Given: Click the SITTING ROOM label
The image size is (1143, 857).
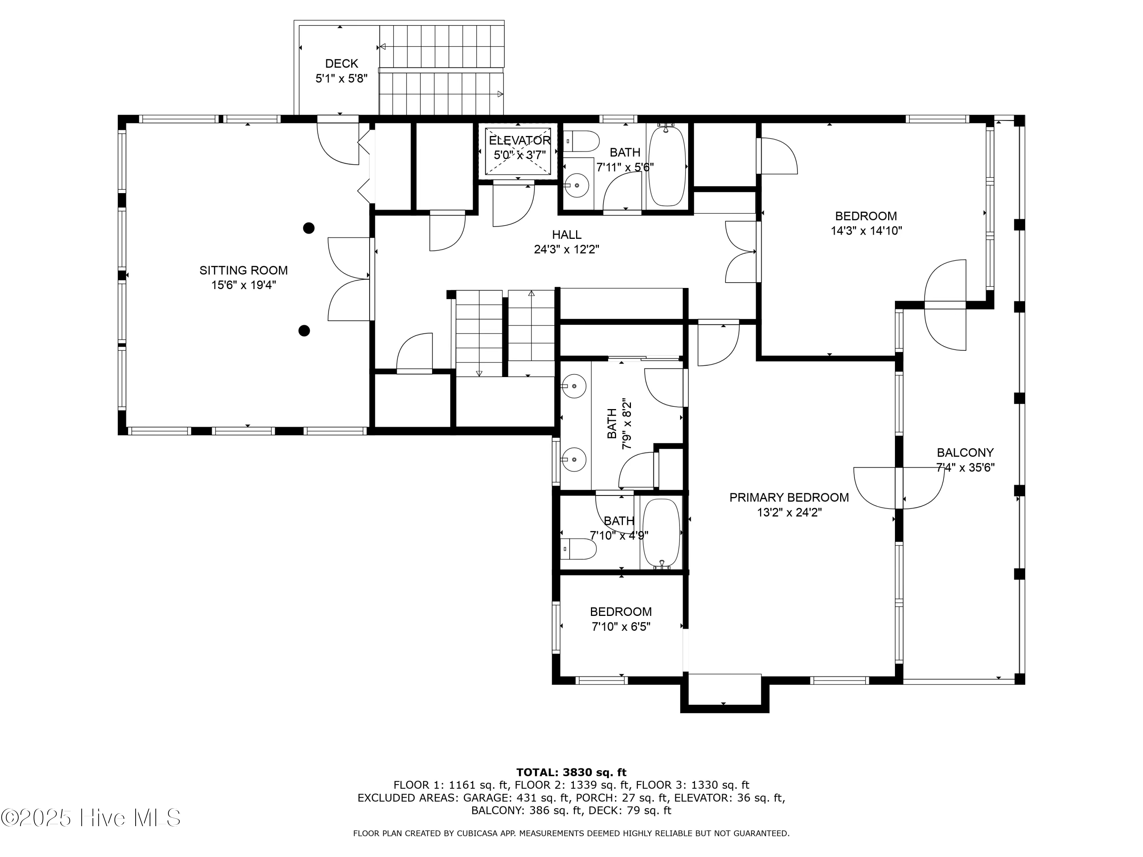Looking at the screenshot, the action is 243,270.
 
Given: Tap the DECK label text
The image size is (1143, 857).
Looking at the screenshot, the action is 341,64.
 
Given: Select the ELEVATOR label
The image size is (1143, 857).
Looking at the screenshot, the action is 519,141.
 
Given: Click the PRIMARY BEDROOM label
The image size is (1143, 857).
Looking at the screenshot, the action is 789,497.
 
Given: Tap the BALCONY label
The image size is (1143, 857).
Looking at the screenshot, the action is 965,453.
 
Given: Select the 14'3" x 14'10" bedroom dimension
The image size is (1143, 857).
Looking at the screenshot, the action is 866,231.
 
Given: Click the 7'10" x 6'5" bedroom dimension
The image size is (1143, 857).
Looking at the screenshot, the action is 621,627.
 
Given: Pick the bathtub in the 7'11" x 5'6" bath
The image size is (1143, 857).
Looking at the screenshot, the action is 667,165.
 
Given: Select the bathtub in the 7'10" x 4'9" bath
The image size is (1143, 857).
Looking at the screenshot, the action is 661,534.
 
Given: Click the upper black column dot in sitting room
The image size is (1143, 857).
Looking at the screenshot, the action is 309,228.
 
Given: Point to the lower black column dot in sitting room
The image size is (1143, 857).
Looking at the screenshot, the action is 304,331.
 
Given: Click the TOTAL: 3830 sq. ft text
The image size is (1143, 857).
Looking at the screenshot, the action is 571,772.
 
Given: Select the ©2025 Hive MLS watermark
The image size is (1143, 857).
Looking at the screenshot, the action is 91,818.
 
